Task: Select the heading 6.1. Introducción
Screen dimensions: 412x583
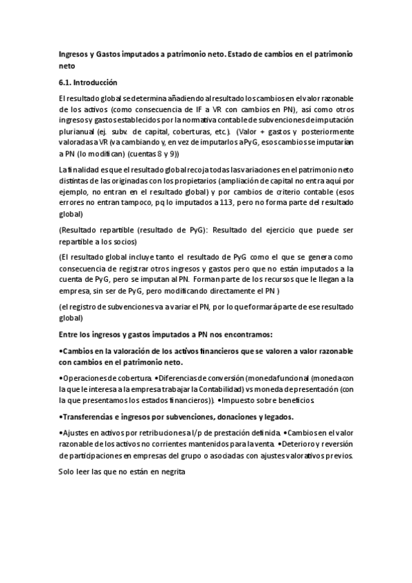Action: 89,81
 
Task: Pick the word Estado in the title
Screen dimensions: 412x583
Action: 245,54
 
